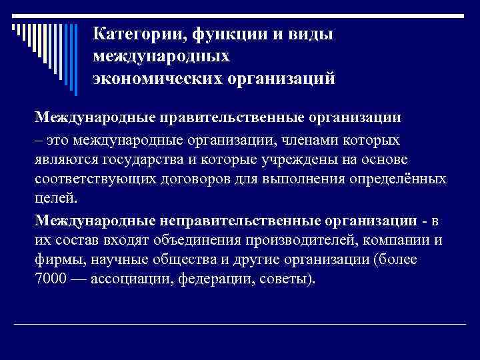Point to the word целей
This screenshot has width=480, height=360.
point(56,199)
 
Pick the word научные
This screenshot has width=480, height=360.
point(121,259)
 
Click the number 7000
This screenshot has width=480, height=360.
point(51,278)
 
